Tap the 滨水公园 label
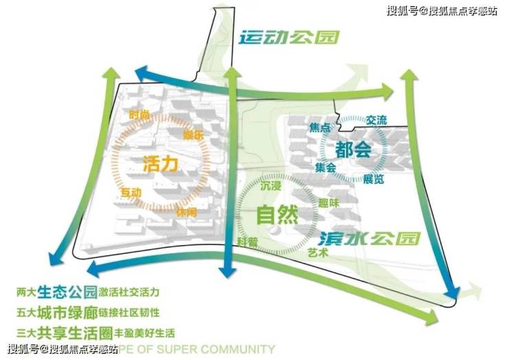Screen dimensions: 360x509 click(x=369, y=238)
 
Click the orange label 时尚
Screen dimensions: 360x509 click(x=138, y=115)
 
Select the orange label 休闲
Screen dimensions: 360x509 click(x=186, y=213)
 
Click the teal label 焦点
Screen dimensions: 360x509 click(x=321, y=128)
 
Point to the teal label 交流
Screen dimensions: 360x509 click(x=377, y=120)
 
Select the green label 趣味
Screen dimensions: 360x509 click(x=329, y=204)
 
